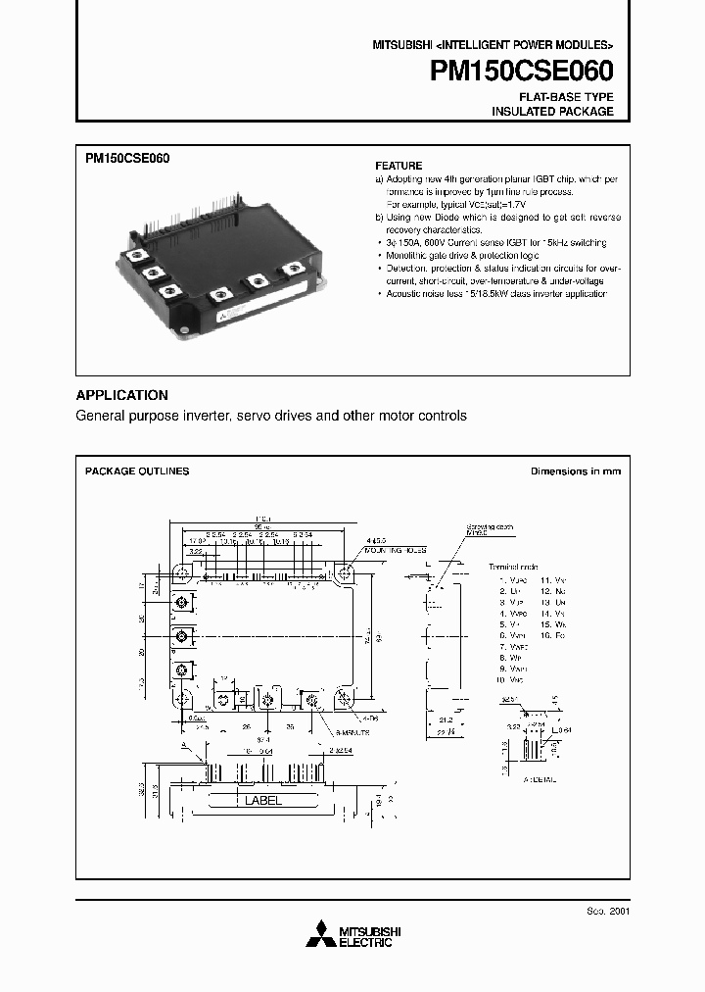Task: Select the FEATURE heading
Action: tap(399, 166)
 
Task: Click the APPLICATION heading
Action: tap(121, 395)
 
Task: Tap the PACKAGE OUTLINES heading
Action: tap(137, 471)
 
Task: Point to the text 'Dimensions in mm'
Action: tap(575, 471)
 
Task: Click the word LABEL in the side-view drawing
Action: tap(262, 801)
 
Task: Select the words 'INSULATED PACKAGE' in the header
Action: tap(552, 112)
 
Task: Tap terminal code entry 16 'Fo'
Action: tap(554, 636)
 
